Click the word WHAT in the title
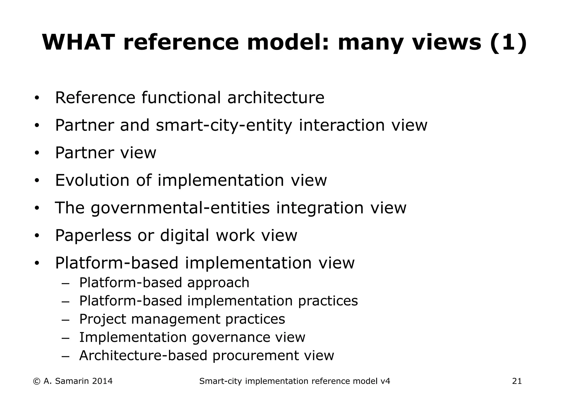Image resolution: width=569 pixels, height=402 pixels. [x=79, y=42]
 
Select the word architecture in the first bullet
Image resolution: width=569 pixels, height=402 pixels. [x=276, y=98]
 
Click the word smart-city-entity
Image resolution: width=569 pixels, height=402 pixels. [x=224, y=125]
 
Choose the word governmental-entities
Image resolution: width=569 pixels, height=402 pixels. [x=180, y=208]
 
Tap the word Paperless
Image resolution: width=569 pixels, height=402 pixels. [x=93, y=235]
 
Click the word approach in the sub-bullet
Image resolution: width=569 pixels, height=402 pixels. [x=218, y=283]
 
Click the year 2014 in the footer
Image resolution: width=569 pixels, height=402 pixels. [x=102, y=381]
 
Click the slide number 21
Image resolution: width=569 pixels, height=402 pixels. [x=517, y=381]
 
